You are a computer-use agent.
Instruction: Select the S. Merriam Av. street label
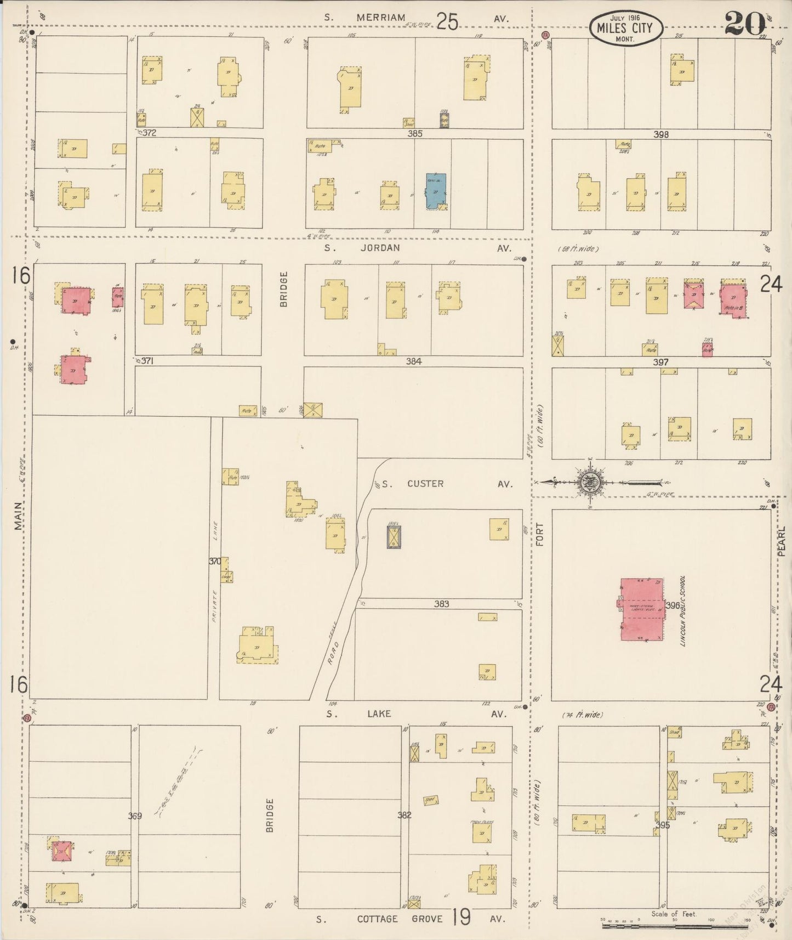pos(417,18)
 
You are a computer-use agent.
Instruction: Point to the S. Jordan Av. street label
pos(417,248)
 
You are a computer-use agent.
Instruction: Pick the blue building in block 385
pos(436,191)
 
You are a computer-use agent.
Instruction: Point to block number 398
pos(661,134)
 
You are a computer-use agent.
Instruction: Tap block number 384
pos(413,361)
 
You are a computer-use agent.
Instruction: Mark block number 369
pos(135,816)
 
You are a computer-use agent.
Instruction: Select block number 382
pos(404,815)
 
